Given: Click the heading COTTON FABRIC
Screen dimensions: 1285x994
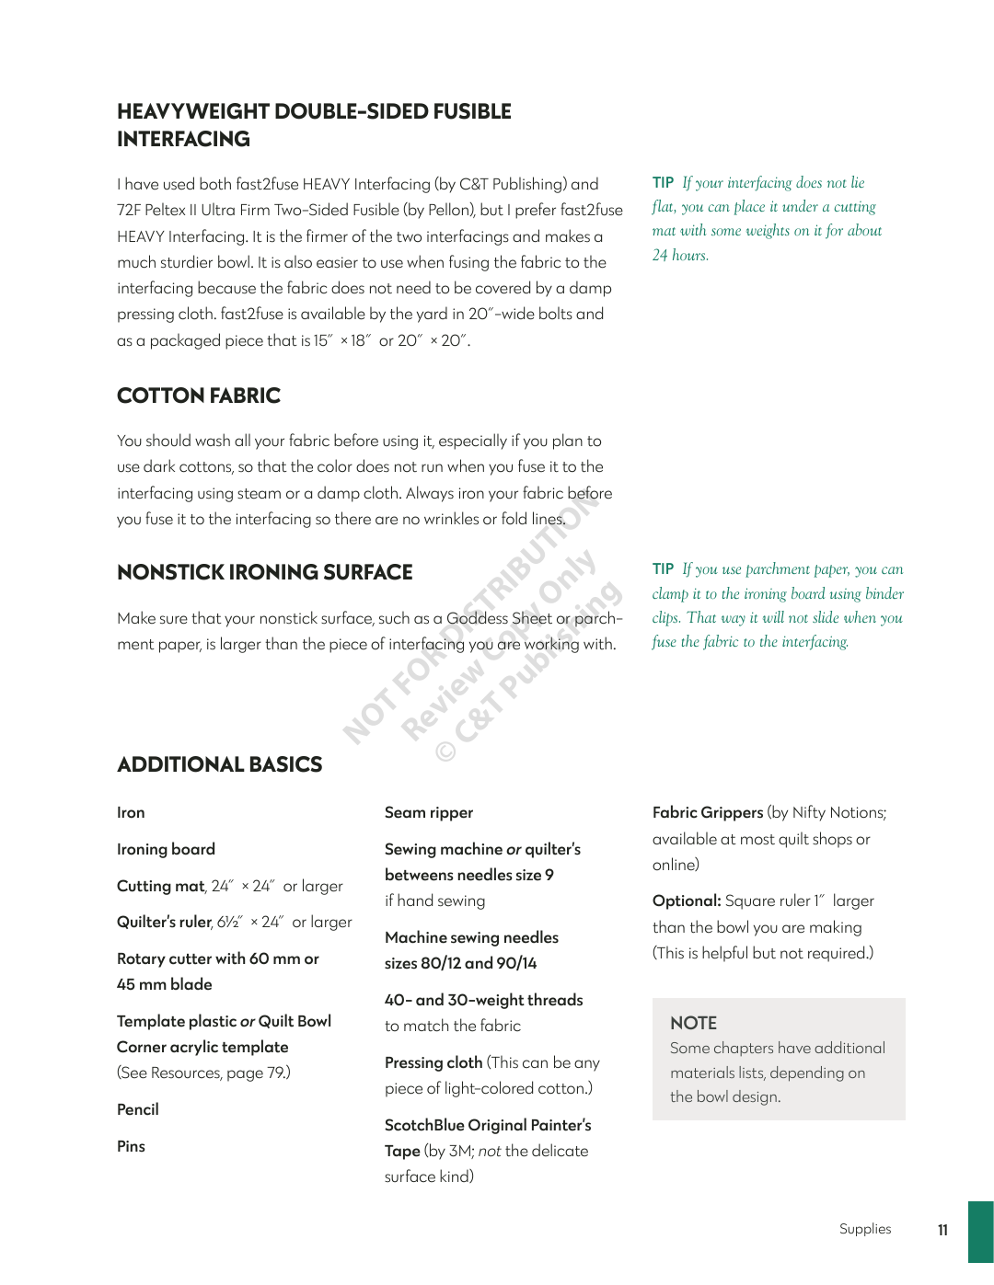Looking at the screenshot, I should pos(199,396).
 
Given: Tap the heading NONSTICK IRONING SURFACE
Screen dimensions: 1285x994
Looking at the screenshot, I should pos(265,572).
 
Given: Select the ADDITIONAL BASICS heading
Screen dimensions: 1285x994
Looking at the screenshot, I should pos(220,764).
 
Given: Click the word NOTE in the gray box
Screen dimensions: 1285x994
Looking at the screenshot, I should pos(693,1023).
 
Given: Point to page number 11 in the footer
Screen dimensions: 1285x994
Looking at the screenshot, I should pos(942,1230).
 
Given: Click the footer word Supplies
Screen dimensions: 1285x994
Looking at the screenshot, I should pos(865,1229).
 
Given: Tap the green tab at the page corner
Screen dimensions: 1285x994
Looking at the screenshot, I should pos(980,1232).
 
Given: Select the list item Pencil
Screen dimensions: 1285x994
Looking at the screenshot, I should pos(138,1109).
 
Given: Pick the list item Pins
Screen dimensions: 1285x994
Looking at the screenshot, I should pos(131,1146).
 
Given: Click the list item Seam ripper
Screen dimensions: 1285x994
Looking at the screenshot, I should pos(429,812).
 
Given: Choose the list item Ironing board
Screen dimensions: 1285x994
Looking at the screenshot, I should pos(166,849).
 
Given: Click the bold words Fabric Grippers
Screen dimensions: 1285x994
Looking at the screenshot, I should pos(708,812).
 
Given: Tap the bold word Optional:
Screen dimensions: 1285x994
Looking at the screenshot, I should pos(687,901).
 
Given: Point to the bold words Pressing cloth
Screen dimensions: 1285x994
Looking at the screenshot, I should pos(433,1062).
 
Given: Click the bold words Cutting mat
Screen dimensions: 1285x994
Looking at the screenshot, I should pos(160,886).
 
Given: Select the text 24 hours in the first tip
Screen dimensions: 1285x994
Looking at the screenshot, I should pos(680,255).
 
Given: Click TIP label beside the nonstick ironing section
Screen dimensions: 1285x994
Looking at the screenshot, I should pos(663,568).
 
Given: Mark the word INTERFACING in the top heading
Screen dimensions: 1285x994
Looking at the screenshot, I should pos(183,139).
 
